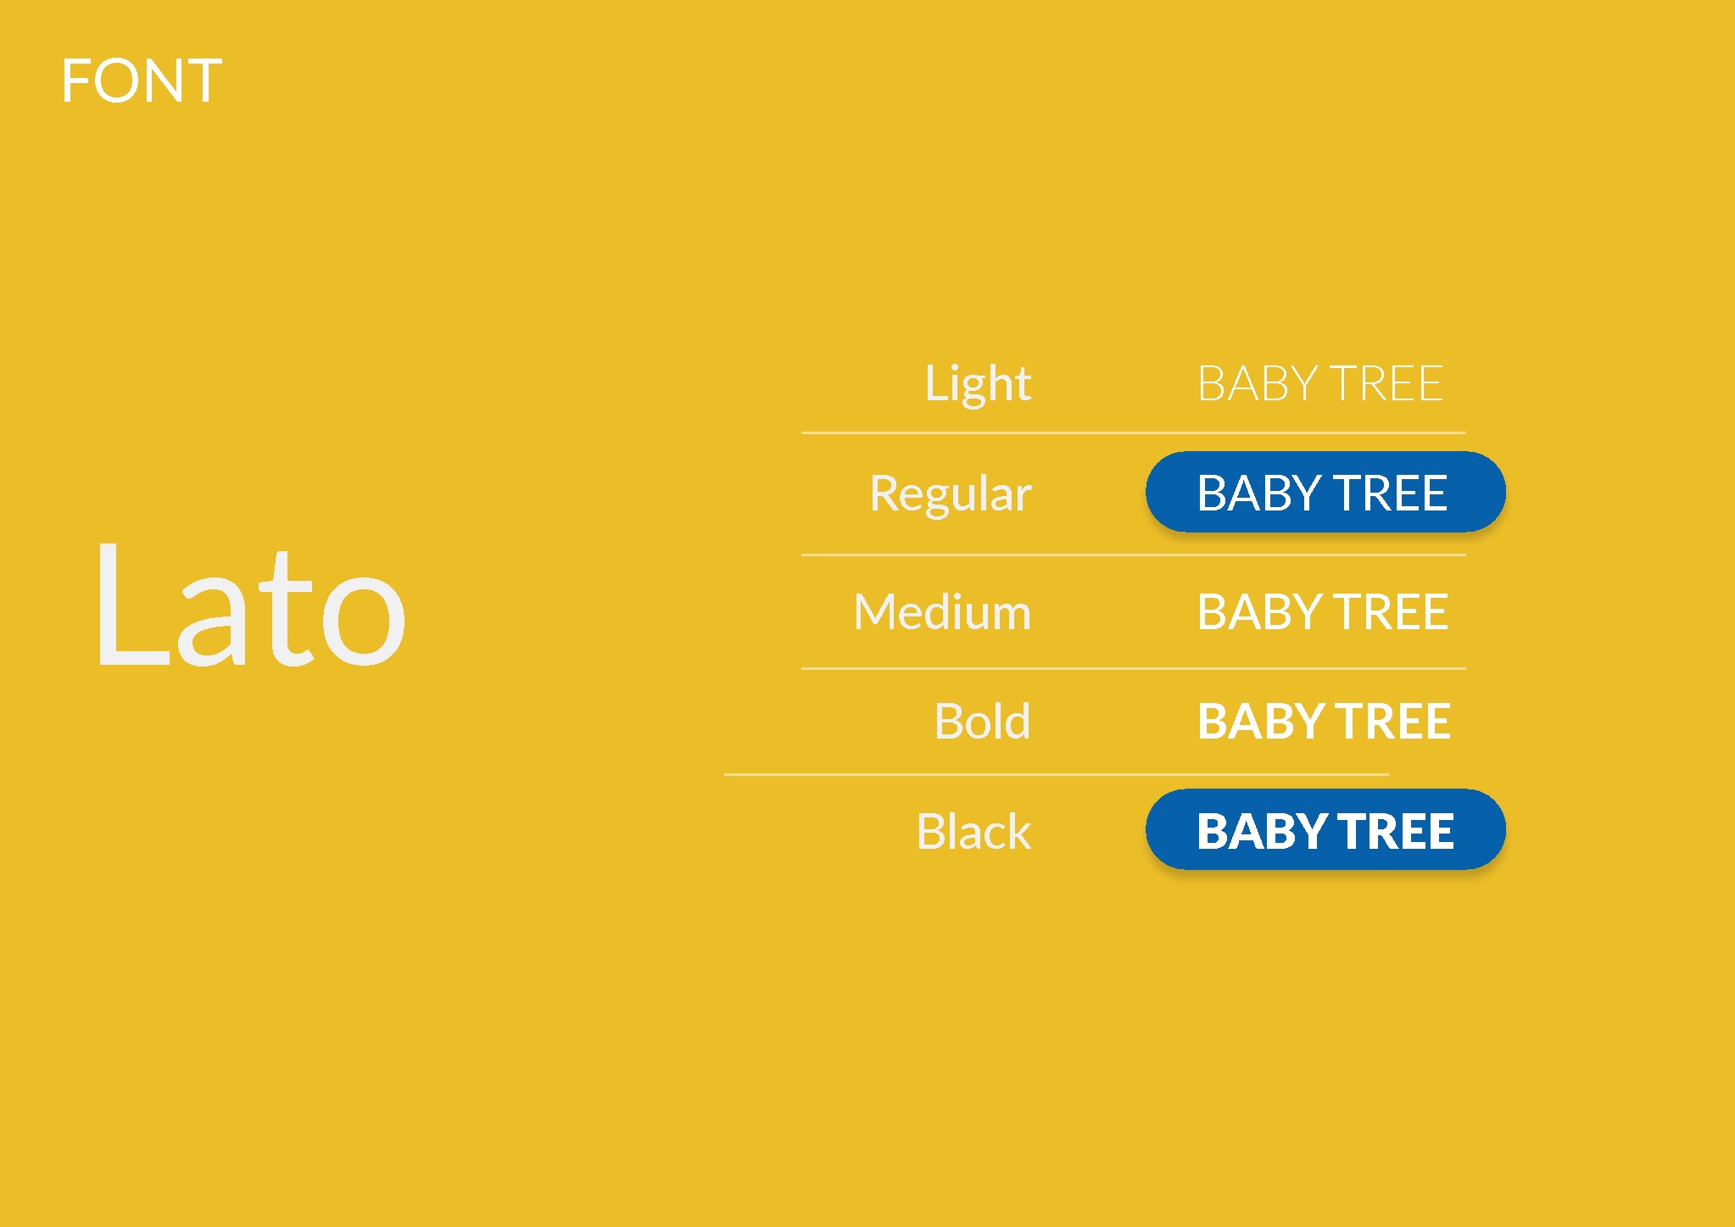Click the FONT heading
tap(142, 81)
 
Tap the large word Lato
tap(250, 604)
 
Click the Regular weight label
tap(951, 494)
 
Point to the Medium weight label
tap(942, 611)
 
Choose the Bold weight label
tap(982, 721)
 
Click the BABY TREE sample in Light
tap(1320, 383)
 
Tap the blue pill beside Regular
tap(1325, 492)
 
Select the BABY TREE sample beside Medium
tap(1323, 611)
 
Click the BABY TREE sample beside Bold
tap(1324, 721)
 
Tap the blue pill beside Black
tap(1325, 829)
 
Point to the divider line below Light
tap(1134, 432)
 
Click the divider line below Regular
tap(1134, 555)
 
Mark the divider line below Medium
tap(1134, 668)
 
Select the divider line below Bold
tap(1057, 774)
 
